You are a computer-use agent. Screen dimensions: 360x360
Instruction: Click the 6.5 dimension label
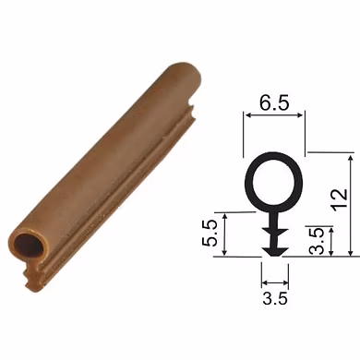click(274, 102)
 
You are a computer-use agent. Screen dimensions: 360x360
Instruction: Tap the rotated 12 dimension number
click(340, 200)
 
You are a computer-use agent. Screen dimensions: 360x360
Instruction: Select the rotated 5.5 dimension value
click(210, 234)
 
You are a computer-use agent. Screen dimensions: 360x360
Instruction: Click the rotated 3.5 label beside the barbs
click(316, 241)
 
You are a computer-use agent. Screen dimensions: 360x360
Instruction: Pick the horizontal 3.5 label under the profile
click(275, 298)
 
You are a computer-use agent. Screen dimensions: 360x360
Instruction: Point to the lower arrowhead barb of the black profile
click(275, 251)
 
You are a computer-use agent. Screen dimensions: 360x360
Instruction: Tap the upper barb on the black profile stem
click(275, 232)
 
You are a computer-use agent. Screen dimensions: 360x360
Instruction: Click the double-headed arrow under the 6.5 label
click(274, 115)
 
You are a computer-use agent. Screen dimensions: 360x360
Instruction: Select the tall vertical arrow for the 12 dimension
click(351, 206)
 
